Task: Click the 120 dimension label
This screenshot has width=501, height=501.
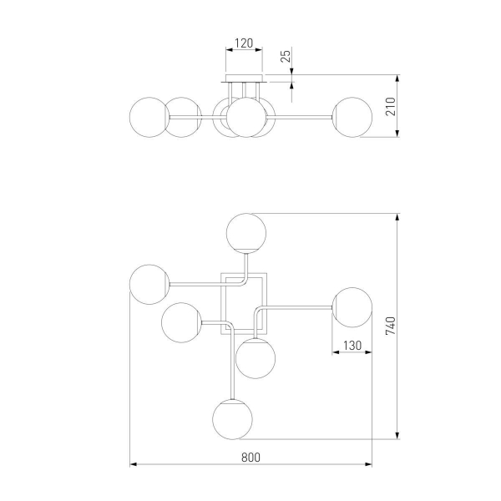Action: click(x=244, y=43)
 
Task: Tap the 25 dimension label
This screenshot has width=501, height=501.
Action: click(x=286, y=56)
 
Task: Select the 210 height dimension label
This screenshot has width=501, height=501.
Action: click(x=391, y=106)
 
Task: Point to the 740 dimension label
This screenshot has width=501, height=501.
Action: click(x=391, y=326)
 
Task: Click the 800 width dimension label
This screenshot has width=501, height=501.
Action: click(x=250, y=458)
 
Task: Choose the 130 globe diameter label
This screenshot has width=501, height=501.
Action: click(x=352, y=346)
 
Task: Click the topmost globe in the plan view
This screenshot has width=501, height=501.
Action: click(x=246, y=233)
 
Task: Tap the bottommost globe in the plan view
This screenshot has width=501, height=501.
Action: click(x=232, y=419)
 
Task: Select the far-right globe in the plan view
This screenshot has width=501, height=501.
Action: click(x=352, y=307)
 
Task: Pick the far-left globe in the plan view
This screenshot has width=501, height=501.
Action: click(x=149, y=285)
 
